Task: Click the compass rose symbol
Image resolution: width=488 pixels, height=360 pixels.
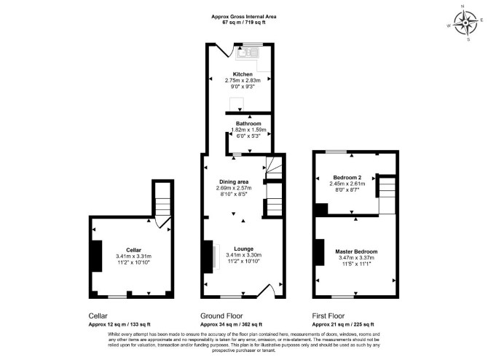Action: coord(465,23)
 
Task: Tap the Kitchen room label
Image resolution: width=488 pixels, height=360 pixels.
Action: coord(243,74)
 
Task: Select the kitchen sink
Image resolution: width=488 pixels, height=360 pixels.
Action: coord(248,53)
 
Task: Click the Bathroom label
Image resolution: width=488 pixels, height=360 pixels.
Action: coord(248,123)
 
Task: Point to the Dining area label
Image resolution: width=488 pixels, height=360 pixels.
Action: coord(234,182)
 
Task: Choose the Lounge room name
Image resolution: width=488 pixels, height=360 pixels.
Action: coord(244,249)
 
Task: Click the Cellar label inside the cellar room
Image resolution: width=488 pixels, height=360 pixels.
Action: coord(133,250)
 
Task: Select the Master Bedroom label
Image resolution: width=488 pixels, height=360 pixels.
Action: coord(356,251)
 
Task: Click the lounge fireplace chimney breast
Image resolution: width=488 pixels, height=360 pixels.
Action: coord(208,257)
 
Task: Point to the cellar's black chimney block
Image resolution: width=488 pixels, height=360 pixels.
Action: coord(97,256)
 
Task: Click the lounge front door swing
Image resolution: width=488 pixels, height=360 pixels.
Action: coord(266,291)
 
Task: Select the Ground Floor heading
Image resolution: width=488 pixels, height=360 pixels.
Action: coord(221,316)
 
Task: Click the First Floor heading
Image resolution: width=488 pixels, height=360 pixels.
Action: coord(328,316)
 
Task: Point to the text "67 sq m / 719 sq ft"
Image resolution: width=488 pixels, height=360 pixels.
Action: coord(244,23)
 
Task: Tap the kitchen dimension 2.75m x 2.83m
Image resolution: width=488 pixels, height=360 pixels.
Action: coord(243,80)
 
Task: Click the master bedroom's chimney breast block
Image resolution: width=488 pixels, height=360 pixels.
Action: coord(320,252)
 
